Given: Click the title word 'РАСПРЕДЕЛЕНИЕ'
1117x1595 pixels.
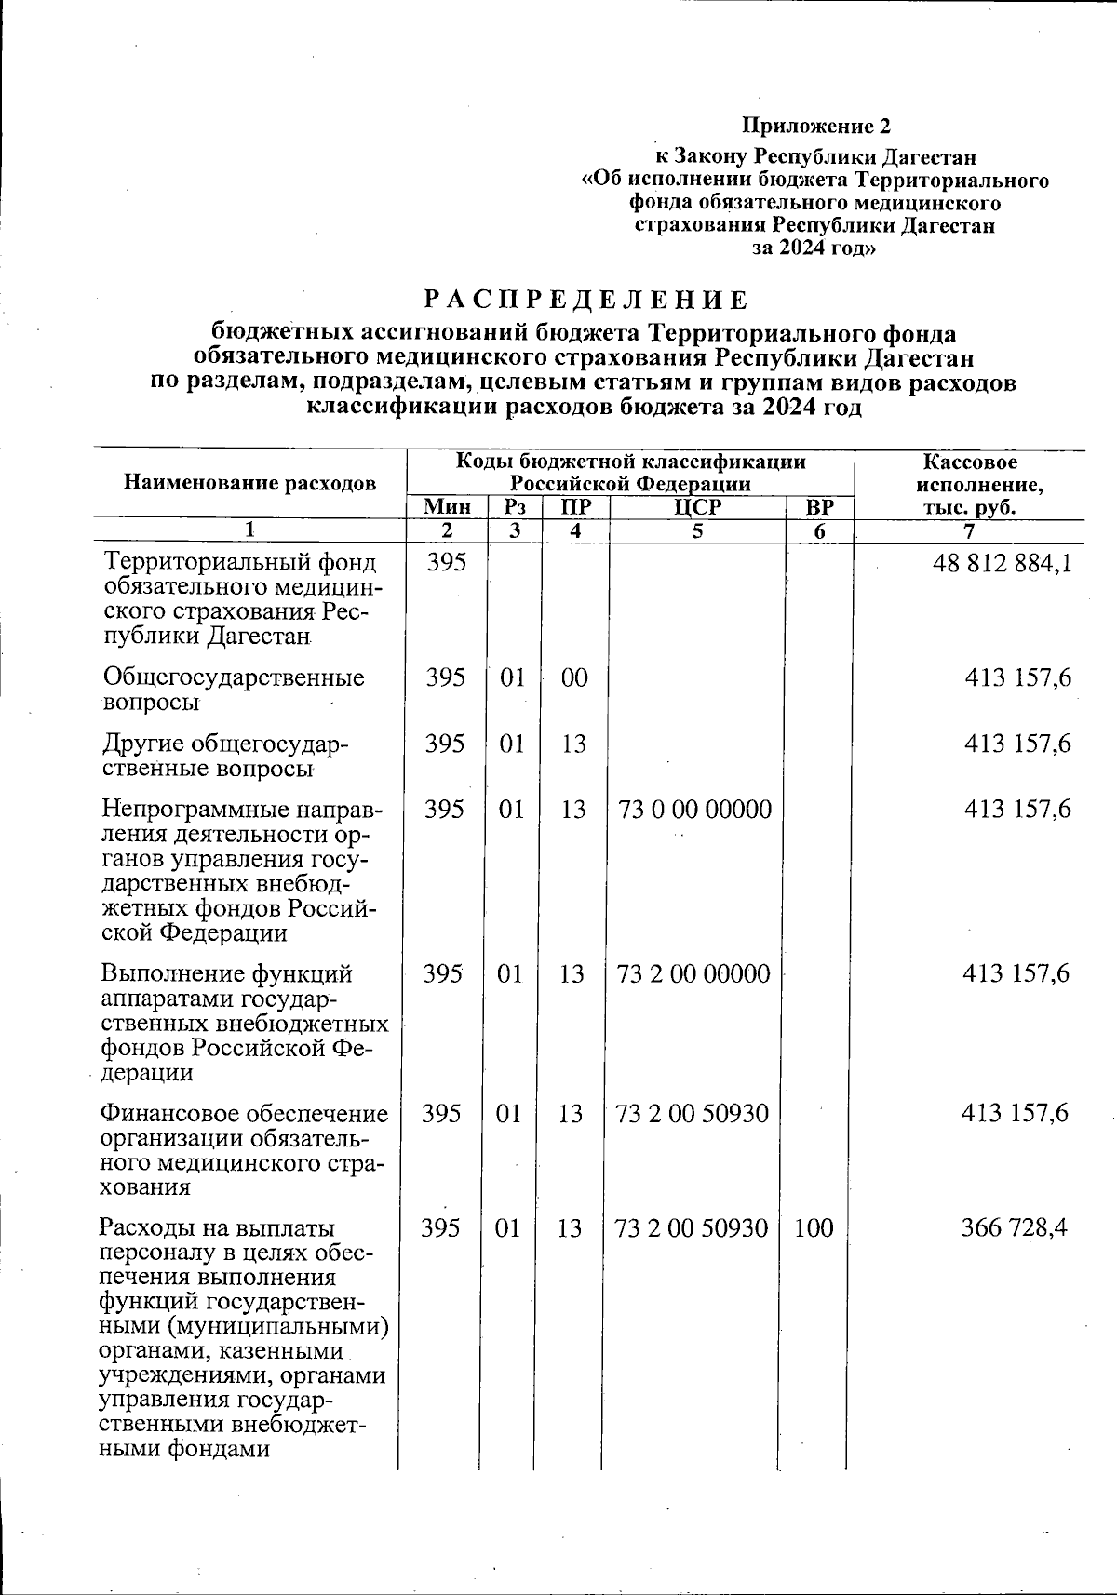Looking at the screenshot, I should pos(585,301).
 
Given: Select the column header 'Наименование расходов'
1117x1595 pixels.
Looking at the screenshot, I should pos(250,482).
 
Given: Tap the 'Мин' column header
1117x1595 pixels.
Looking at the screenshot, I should pos(446,507).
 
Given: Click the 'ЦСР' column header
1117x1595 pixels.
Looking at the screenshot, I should pos(698,507).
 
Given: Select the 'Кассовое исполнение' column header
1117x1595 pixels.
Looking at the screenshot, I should pos(970,484).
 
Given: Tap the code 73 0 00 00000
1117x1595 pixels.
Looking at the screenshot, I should pos(694,810).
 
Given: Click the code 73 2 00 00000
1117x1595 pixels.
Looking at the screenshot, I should pos(694,973).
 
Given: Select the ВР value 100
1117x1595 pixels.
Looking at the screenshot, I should pos(814,1228).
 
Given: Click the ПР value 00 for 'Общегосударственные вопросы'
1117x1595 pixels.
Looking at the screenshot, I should pos(574,677).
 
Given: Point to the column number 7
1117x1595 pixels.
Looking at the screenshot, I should pos(969,531).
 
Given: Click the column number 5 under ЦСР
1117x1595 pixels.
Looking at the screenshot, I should pos(697,531).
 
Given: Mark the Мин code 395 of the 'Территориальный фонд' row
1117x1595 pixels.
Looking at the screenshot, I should pos(446,562).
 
